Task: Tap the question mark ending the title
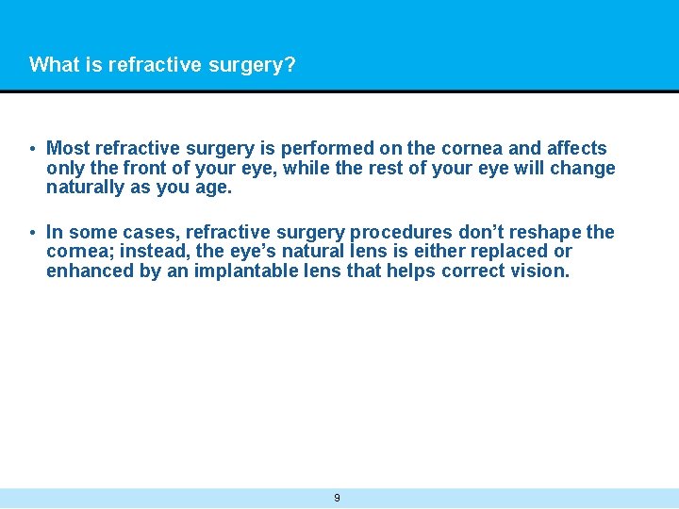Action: pos(290,65)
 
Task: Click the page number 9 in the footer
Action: pos(338,498)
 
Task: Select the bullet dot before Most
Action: pos(32,149)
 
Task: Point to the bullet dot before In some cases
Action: pos(32,233)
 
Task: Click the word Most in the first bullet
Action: pos(67,149)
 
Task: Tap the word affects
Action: pos(576,149)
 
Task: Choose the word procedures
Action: pos(399,233)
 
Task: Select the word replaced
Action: pos(512,252)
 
